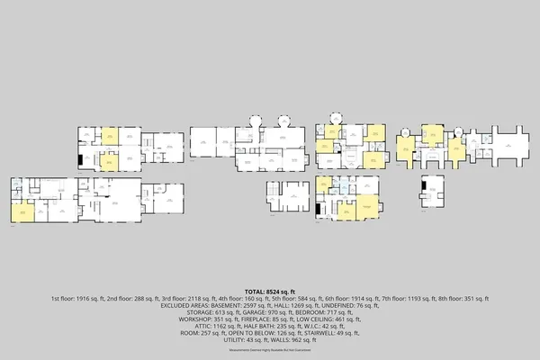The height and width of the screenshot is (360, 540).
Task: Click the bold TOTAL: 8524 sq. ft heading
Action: (270, 292)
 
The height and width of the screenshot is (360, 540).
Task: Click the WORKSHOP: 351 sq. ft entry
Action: (210, 319)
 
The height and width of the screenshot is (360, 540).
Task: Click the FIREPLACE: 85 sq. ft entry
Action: (268, 319)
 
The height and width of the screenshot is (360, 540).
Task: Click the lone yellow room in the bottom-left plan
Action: (22, 211)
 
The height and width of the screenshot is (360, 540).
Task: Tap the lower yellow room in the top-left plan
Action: (109, 162)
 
